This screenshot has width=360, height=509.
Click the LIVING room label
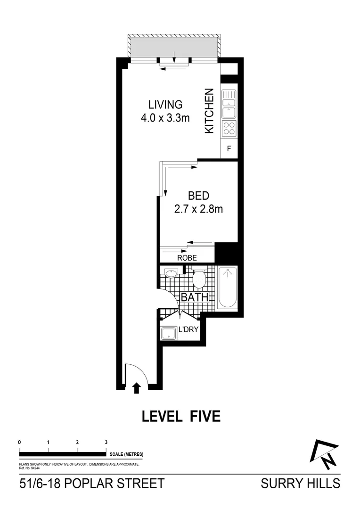coord(165,104)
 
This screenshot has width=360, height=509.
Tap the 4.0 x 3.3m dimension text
coord(165,118)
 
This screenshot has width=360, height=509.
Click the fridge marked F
coord(229,149)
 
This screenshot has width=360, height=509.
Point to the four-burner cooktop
coord(229,128)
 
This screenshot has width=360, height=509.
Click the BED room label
coord(198,195)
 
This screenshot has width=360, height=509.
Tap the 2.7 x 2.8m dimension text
coord(198,209)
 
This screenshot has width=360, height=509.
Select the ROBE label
coord(187,258)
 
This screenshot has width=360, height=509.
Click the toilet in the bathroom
coord(199,278)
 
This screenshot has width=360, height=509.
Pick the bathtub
coord(228,287)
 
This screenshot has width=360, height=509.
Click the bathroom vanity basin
coord(171,273)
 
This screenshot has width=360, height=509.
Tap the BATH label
coord(195,297)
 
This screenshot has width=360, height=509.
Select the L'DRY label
coord(188,329)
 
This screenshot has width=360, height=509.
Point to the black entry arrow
coord(137,387)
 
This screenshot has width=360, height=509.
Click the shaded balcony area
coord(174,46)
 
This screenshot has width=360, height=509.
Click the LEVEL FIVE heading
coord(181,417)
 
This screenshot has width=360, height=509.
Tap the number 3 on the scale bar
coord(106,442)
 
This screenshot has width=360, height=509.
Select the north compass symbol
coord(325,454)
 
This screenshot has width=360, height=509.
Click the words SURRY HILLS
coord(300,484)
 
